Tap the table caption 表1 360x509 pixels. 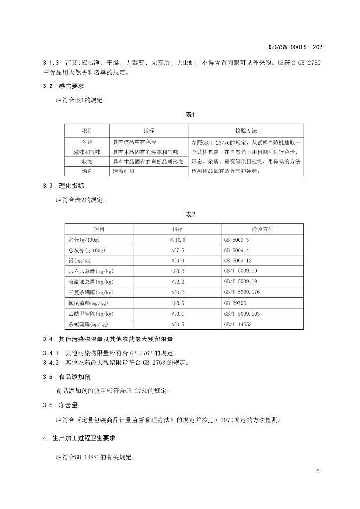coord(190,115)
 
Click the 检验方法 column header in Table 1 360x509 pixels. coord(246,130)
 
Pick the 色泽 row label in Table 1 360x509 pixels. coord(87,141)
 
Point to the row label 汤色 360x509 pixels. coord(87,171)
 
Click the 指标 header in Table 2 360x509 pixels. coord(178,229)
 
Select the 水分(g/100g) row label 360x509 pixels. coord(86,240)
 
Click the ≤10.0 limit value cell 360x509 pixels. coord(178,240)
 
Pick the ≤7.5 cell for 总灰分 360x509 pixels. coord(178,250)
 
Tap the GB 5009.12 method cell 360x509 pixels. coord(238,260)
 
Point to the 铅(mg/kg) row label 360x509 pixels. coord(81,260)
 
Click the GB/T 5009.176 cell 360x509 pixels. coord(241,292)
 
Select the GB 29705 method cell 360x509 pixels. coord(235,303)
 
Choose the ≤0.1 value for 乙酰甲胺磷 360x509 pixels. coord(178,314)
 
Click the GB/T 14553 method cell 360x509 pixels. coord(238,324)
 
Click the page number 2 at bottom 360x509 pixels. coord(317,471)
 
